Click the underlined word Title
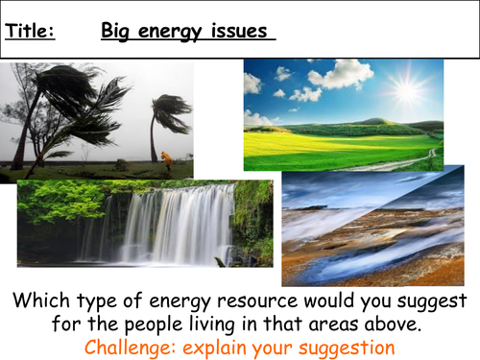[x=30, y=32]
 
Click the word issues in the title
[x=244, y=32]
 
